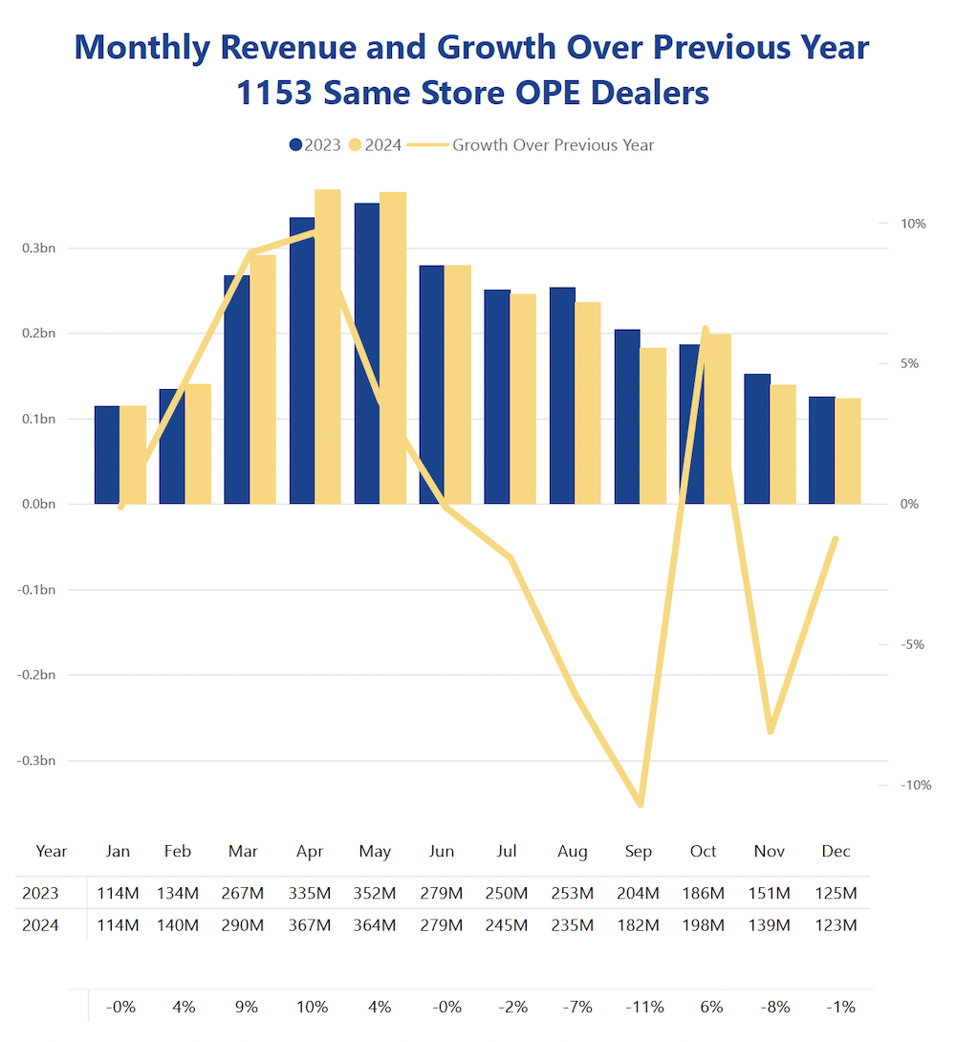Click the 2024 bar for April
328,346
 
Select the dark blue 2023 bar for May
367,353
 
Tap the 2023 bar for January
107,455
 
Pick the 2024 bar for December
848,450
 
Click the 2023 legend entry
315,145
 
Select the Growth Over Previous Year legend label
553,145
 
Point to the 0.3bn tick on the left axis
38,249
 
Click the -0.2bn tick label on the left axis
36,675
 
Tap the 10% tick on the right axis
913,224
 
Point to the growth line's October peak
706,329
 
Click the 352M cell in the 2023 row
375,894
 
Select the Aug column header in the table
573,851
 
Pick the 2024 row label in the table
40,925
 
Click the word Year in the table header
52,851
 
